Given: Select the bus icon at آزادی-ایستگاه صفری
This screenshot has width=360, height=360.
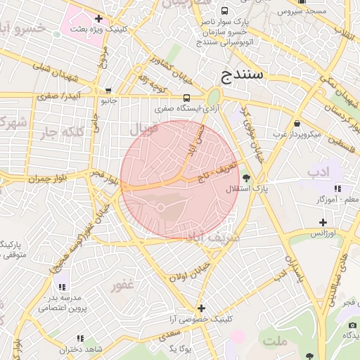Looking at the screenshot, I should coord(186,98).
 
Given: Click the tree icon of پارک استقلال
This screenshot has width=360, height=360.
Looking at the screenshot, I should coord(245,178).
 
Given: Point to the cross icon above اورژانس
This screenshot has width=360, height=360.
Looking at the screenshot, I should coord(323,222).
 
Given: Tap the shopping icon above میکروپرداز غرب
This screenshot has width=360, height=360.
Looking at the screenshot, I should coord(297,123).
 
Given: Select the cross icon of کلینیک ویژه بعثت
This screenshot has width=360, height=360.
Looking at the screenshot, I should coord(98,18).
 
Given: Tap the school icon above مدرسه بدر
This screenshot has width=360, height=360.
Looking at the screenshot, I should coord(61,286).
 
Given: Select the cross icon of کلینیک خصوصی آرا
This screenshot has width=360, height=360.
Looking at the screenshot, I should coord(201,308).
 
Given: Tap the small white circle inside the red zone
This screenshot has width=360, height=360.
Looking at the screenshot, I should coord(160,207).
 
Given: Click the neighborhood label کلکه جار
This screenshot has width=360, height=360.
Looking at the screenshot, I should coord(63,131).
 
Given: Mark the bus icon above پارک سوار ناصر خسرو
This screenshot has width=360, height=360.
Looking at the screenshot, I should coord(224,11).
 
